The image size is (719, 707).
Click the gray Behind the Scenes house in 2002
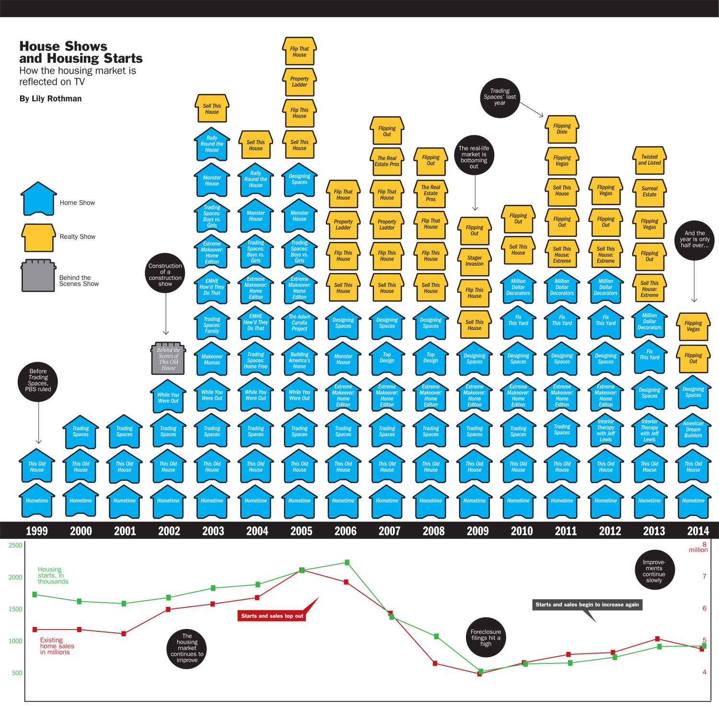coord(168,359)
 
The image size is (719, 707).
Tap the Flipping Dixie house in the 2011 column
coord(562,129)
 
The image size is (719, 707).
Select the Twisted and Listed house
coord(649,160)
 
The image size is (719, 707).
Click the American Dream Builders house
coord(693,430)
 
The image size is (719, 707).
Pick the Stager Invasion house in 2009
coord(475,261)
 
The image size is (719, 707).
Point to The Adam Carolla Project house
coord(300,323)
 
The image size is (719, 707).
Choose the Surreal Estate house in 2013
coord(649,192)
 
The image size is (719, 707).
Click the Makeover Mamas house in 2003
coord(212,360)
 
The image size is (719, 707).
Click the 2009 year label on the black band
coord(477,531)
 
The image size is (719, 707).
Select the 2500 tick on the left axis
coord(15,545)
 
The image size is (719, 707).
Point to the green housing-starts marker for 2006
coord(347,562)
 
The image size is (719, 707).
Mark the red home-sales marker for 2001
coord(124,634)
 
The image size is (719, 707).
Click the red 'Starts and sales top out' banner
coord(272,616)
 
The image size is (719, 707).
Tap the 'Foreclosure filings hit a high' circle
coord(486,638)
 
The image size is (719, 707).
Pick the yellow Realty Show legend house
coord(38,238)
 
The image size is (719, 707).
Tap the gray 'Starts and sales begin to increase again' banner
coord(587,604)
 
